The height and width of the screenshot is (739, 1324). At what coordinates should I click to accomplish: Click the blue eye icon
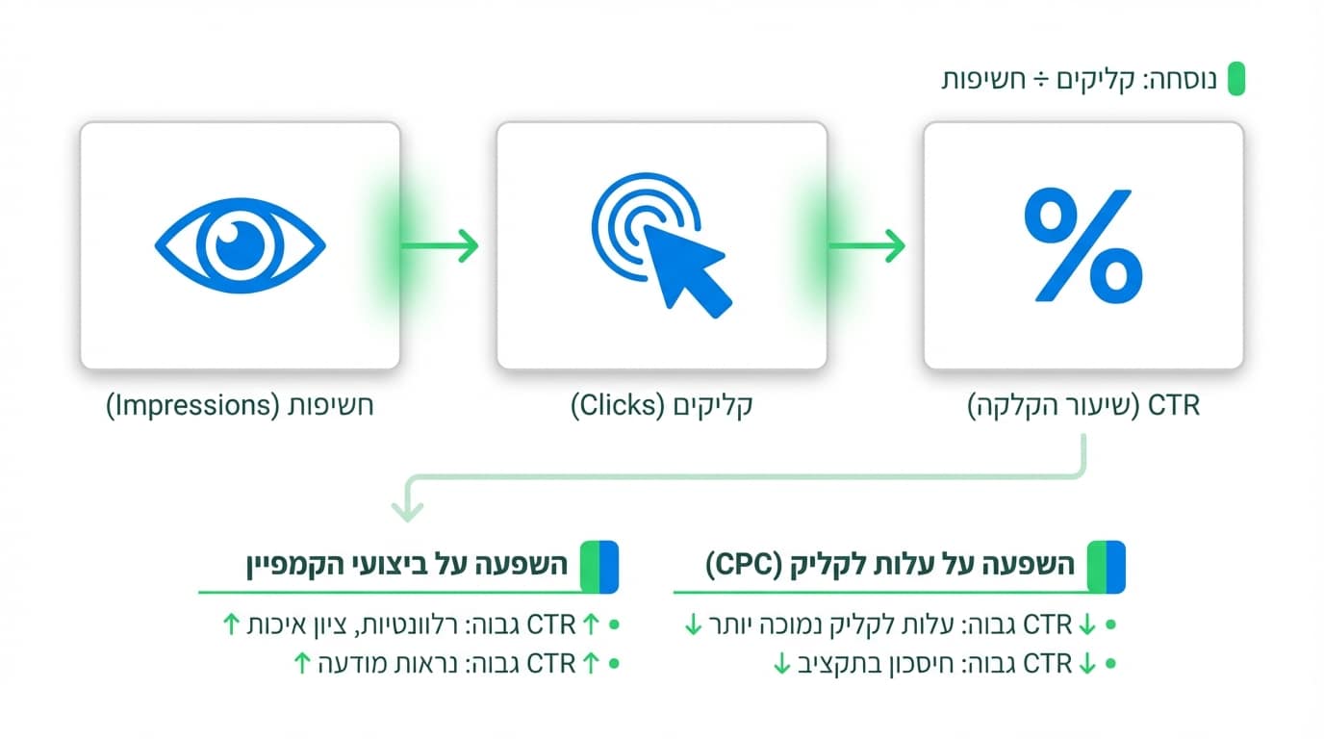(x=240, y=244)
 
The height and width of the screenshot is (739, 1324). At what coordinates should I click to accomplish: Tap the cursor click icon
(x=661, y=246)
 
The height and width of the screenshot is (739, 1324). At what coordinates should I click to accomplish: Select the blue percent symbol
(x=1082, y=244)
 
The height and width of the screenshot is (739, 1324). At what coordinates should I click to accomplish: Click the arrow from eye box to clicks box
(x=440, y=245)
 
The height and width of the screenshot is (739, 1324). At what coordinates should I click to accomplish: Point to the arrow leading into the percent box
(x=867, y=245)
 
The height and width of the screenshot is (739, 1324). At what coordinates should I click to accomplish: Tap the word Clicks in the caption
(x=613, y=406)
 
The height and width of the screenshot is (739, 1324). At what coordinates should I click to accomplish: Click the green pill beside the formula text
(x=1235, y=79)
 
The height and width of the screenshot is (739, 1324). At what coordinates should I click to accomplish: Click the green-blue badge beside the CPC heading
(x=1106, y=566)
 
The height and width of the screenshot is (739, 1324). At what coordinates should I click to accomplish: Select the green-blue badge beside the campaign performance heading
(x=598, y=566)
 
